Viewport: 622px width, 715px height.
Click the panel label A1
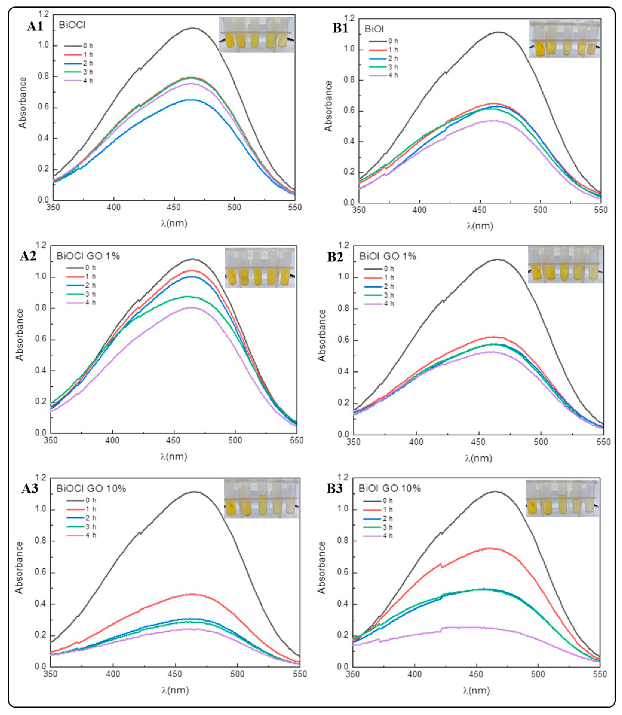[x=35, y=26]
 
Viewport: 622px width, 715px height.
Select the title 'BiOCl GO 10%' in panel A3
[x=91, y=489]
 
